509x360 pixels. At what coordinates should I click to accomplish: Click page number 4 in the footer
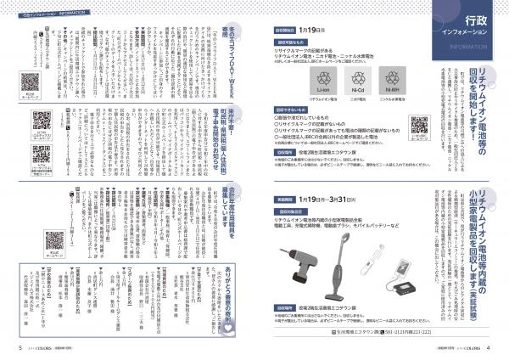(x=489, y=347)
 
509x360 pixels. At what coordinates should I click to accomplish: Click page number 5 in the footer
(x=20, y=347)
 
